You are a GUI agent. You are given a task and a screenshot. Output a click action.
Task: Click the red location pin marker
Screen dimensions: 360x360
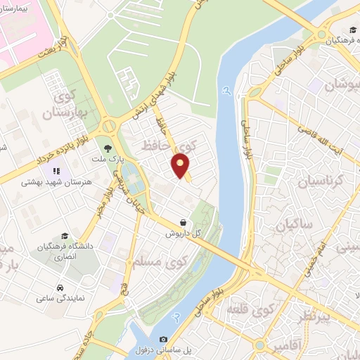(181, 166)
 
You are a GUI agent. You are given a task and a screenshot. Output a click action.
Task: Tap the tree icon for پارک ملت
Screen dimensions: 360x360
(108, 148)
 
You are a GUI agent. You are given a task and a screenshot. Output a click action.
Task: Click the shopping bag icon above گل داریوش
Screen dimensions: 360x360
(183, 221)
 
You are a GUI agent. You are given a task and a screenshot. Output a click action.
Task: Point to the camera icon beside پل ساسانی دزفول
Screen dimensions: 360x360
(163, 340)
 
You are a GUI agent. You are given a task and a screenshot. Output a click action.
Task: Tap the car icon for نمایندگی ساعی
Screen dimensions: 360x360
(61, 288)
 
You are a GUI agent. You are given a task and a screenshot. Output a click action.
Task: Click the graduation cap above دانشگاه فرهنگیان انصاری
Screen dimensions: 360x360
(65, 236)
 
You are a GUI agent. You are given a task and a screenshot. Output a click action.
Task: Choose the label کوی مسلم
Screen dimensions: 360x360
(151, 262)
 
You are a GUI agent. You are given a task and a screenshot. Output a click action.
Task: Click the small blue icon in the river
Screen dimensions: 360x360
(226, 90)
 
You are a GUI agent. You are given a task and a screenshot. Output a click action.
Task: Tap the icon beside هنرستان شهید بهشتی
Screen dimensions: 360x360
(56, 169)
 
